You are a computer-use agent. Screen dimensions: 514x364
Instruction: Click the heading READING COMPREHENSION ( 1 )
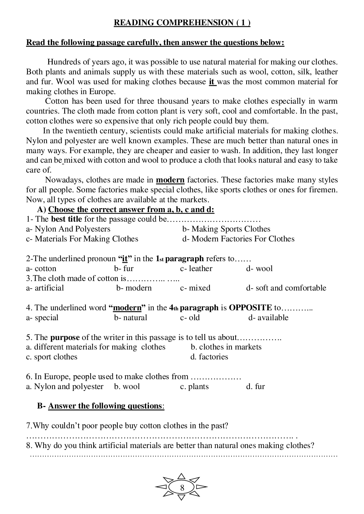[x=182, y=23]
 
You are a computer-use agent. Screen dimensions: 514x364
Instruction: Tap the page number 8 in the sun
[x=182, y=488]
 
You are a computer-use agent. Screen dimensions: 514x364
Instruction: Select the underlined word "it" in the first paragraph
[x=212, y=82]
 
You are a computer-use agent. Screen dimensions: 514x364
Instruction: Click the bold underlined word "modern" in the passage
[x=170, y=180]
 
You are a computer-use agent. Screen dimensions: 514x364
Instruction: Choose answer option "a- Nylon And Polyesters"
[x=68, y=229]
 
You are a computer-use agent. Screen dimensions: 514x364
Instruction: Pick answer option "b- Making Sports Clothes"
[x=226, y=229]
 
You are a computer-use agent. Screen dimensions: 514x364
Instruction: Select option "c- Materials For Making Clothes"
[x=82, y=239]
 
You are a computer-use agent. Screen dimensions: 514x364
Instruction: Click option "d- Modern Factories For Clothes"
[x=238, y=239]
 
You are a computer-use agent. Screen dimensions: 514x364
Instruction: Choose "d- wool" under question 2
[x=259, y=269]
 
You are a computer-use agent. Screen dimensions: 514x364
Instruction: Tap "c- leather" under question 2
[x=196, y=269]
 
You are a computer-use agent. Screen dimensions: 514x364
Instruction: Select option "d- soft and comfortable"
[x=286, y=288]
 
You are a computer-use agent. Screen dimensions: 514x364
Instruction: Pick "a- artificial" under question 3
[x=45, y=288]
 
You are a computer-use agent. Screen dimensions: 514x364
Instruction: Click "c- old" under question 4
[x=190, y=318]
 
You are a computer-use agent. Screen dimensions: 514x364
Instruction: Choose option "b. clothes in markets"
[x=226, y=347]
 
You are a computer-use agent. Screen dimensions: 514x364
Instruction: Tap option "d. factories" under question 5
[x=209, y=357]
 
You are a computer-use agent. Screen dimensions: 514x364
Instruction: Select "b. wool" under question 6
[x=127, y=387]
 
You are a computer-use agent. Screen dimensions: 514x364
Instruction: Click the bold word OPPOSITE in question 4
[x=250, y=308]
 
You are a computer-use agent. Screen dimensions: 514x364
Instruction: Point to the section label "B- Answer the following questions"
[x=101, y=406]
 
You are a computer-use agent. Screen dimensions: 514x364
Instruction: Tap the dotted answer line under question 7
[x=161, y=436]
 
